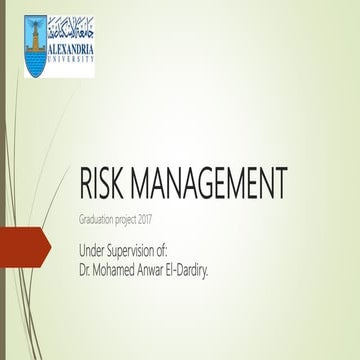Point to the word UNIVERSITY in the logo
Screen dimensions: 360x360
69,59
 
